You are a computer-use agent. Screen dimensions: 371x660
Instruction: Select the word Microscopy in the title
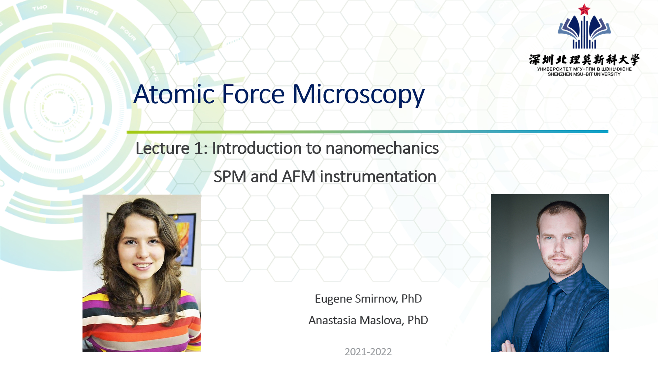[358, 95]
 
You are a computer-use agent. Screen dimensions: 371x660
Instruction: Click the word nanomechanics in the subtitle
[382, 148]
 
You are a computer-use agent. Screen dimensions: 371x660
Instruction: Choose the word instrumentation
[378, 176]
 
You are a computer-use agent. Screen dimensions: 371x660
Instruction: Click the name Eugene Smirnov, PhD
[368, 299]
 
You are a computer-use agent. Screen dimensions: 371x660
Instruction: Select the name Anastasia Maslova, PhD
[368, 320]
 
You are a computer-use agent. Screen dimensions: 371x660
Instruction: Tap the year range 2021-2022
[368, 352]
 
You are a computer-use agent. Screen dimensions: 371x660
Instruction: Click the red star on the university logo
[584, 10]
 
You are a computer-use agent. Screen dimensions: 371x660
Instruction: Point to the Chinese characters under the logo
[584, 60]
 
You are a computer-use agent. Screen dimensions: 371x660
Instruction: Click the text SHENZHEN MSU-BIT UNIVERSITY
[584, 74]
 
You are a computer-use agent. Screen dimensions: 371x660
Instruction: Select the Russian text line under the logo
[584, 69]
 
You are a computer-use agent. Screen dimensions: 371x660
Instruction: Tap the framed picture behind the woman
[186, 237]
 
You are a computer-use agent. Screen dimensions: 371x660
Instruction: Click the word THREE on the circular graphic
[87, 11]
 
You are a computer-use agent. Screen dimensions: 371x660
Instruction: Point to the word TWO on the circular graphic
[40, 7]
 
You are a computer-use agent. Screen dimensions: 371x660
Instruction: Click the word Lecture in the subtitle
[162, 148]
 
